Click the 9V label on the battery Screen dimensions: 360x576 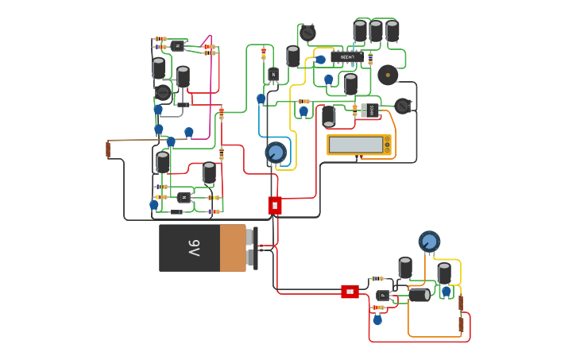[x=194, y=248]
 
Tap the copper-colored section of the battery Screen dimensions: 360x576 [x=233, y=248]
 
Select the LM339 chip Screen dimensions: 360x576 [x=347, y=57]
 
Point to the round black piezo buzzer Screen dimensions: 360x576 [x=388, y=75]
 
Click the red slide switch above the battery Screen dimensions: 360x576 [x=275, y=206]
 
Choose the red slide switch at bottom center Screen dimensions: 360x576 [x=350, y=292]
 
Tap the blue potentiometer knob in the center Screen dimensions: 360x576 [x=276, y=152]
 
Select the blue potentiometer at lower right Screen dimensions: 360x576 [x=429, y=241]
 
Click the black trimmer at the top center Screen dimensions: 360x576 [x=307, y=33]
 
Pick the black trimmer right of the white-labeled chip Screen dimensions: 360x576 [x=403, y=106]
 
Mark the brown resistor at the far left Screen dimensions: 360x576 [x=108, y=149]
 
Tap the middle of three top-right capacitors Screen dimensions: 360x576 [x=376, y=31]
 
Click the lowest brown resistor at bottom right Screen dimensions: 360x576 [x=461, y=324]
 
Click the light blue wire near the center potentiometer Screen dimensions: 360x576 [x=260, y=131]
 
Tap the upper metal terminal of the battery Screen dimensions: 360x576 [x=249, y=237]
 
